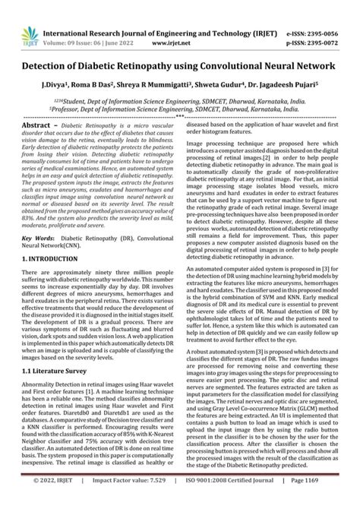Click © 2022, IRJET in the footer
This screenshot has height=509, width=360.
tap(33, 501)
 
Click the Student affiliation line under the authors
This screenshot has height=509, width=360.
tap(179, 78)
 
